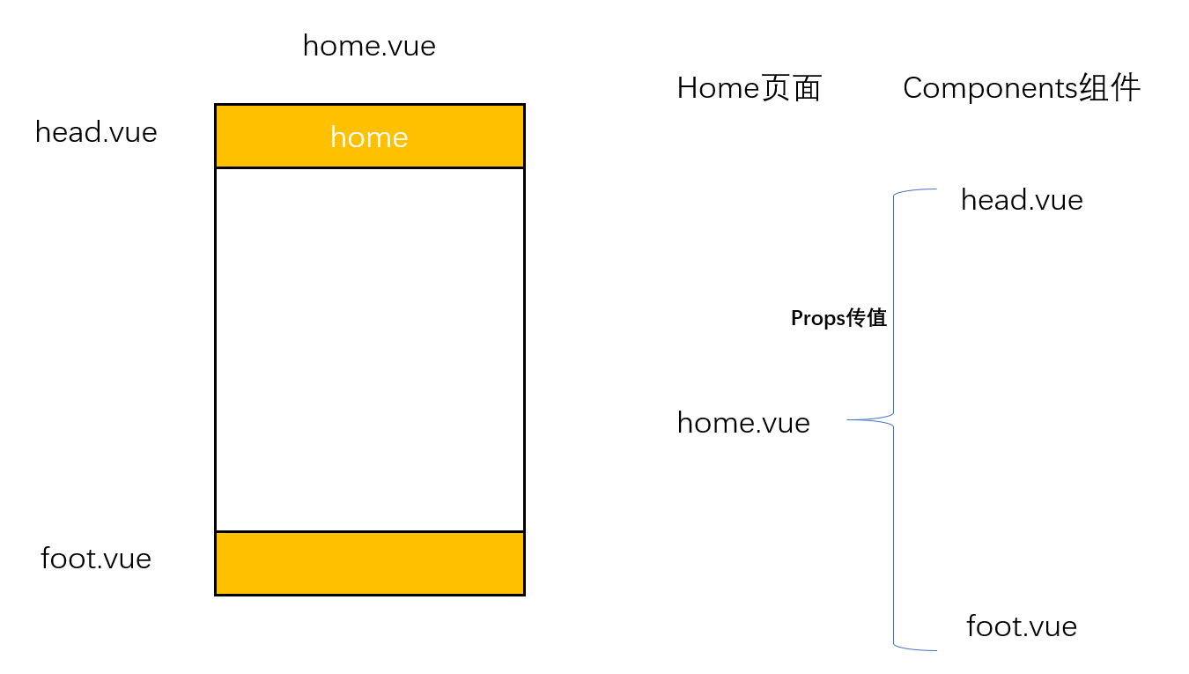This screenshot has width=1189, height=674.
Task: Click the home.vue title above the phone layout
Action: click(x=369, y=46)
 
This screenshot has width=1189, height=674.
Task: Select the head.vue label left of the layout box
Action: click(x=96, y=132)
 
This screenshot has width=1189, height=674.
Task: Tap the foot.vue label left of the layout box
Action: click(x=96, y=559)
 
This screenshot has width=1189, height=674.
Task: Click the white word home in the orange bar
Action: click(x=369, y=137)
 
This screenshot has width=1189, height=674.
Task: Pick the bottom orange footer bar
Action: click(x=370, y=564)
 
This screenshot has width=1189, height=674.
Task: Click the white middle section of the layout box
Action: click(x=370, y=350)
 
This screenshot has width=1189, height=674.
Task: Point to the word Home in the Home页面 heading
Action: click(x=718, y=87)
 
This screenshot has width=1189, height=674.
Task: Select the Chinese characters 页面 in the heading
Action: click(x=791, y=87)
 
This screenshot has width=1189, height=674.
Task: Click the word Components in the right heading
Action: click(x=991, y=87)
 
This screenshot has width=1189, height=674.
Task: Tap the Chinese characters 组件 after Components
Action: click(x=1110, y=87)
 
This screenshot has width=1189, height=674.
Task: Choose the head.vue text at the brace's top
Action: click(x=1022, y=200)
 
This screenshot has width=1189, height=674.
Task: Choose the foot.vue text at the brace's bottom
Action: click(x=1022, y=626)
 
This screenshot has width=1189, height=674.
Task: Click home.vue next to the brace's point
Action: click(x=743, y=423)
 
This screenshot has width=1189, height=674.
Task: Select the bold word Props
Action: click(x=818, y=319)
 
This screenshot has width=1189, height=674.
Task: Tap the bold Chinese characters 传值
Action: click(x=867, y=318)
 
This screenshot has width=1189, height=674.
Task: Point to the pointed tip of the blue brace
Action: click(x=847, y=419)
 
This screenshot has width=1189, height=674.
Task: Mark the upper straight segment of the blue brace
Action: click(x=893, y=304)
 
